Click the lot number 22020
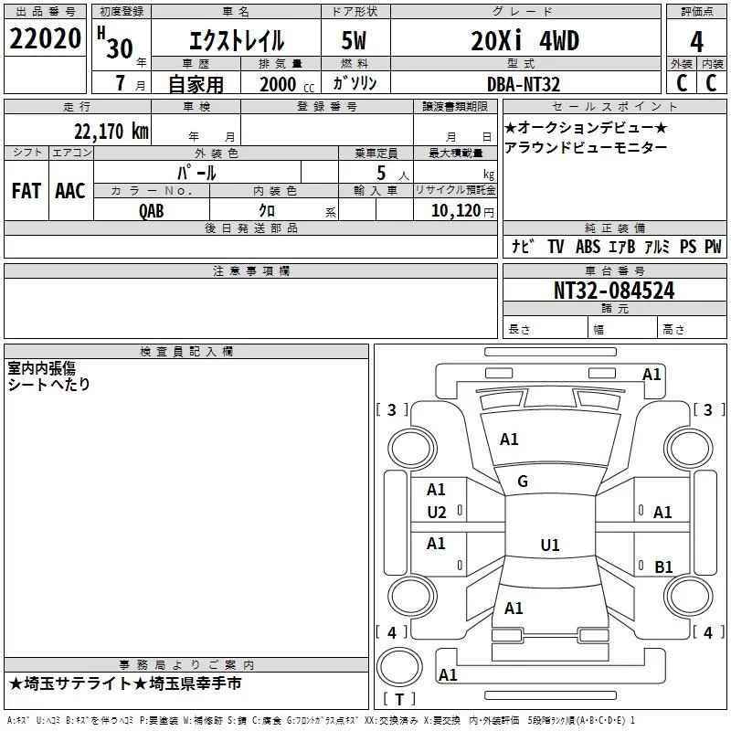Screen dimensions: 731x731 point(46,40)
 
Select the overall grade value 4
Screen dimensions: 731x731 point(696,42)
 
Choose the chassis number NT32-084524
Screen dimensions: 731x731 point(614,291)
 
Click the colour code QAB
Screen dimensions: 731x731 point(153,210)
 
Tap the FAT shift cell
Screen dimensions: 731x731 point(26,191)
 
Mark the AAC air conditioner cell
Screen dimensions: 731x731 point(70,191)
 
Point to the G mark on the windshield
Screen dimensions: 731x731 point(523,482)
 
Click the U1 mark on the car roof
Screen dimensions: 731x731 point(549,546)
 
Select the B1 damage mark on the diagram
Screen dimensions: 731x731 point(663,567)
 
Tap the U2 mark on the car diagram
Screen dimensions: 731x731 point(437,512)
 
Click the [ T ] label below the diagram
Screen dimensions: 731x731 point(398,700)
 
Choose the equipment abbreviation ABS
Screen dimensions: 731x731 point(589,247)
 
